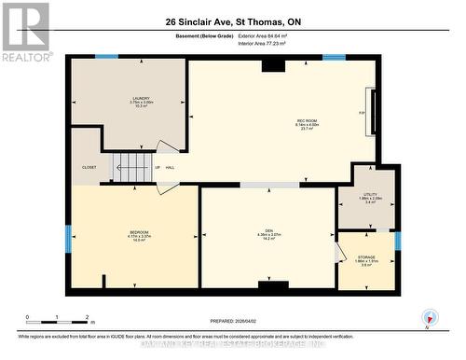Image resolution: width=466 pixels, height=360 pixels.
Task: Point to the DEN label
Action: (x=268, y=235)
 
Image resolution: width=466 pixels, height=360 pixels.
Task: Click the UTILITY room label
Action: (x=370, y=197)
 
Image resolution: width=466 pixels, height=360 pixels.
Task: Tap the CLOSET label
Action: (x=89, y=168)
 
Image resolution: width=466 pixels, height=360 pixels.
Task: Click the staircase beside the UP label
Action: (x=130, y=168)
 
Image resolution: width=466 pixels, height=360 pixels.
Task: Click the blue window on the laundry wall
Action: (x=107, y=57)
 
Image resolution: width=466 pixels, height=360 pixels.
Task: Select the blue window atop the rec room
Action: (x=334, y=57)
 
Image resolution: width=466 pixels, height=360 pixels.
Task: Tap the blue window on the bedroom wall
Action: (x=67, y=238)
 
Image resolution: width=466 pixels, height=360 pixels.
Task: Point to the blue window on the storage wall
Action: (x=397, y=241)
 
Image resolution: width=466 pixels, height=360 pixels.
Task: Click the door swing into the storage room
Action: (x=338, y=253)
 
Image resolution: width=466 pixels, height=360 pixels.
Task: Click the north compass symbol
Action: (x=429, y=317)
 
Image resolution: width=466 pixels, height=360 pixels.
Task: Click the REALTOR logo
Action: (x=26, y=33)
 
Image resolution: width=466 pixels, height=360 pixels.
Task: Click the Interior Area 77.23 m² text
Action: (x=271, y=44)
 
